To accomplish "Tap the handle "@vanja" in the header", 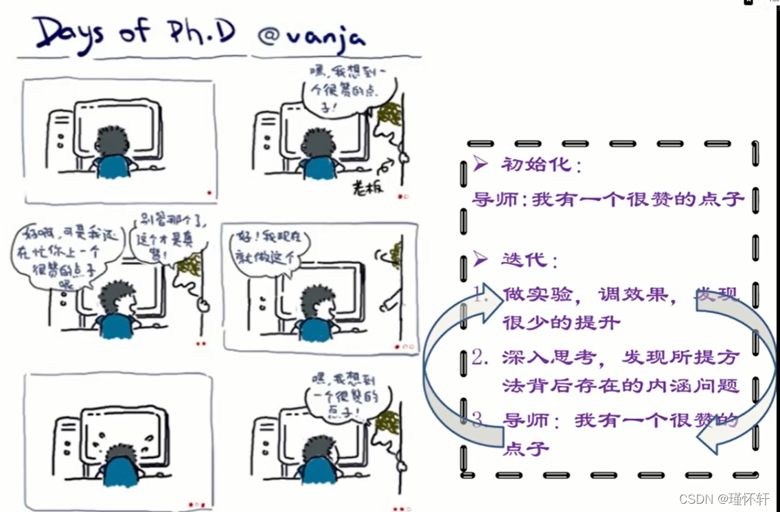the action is click(x=311, y=36).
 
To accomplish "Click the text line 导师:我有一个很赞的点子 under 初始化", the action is click(x=608, y=200).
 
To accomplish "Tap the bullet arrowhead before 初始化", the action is click(x=481, y=164).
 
